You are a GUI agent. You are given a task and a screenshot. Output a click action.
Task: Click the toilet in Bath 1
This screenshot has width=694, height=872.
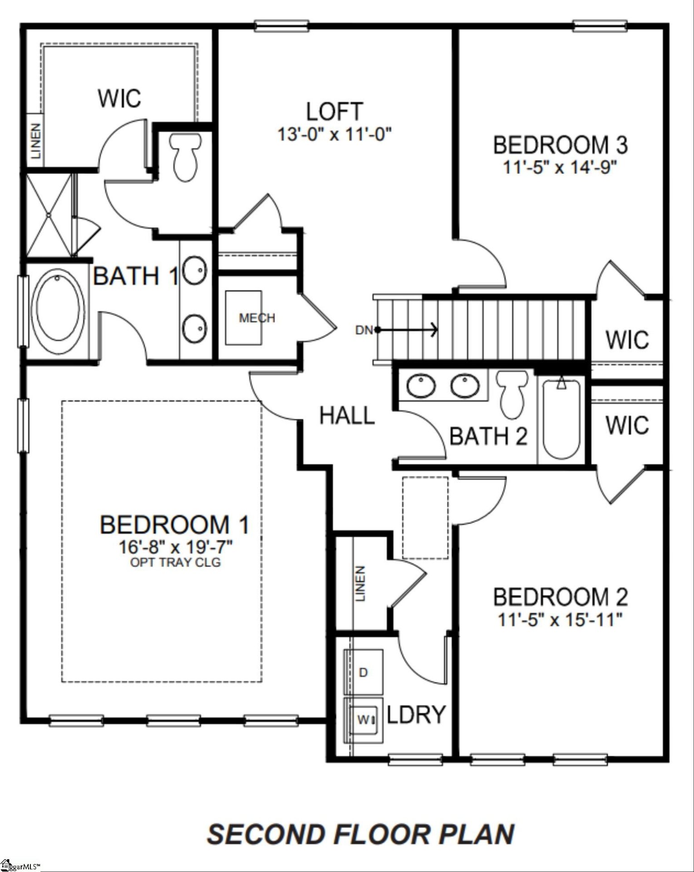184,157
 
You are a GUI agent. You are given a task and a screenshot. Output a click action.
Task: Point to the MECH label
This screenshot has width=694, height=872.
257,318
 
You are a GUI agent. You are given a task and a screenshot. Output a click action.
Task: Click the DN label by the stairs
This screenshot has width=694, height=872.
364,330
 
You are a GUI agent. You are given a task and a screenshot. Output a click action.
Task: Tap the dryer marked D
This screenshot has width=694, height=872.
363,672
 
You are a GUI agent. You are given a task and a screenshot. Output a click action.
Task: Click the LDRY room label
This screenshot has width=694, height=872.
416,714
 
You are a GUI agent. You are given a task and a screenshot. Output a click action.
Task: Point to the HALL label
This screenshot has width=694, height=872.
347,416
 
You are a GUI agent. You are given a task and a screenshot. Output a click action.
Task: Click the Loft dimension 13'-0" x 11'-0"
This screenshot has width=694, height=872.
335,134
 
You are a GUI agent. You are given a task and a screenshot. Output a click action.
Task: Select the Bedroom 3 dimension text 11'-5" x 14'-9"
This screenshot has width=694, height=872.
560,168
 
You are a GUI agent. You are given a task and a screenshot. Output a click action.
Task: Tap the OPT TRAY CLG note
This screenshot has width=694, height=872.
175,562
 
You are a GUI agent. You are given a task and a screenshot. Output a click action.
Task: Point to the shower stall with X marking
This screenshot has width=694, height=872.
49,215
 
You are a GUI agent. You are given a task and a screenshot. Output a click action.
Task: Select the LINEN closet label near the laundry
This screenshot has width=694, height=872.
360,584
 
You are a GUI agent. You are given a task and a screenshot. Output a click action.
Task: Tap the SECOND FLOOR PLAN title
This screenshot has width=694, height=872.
360,834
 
